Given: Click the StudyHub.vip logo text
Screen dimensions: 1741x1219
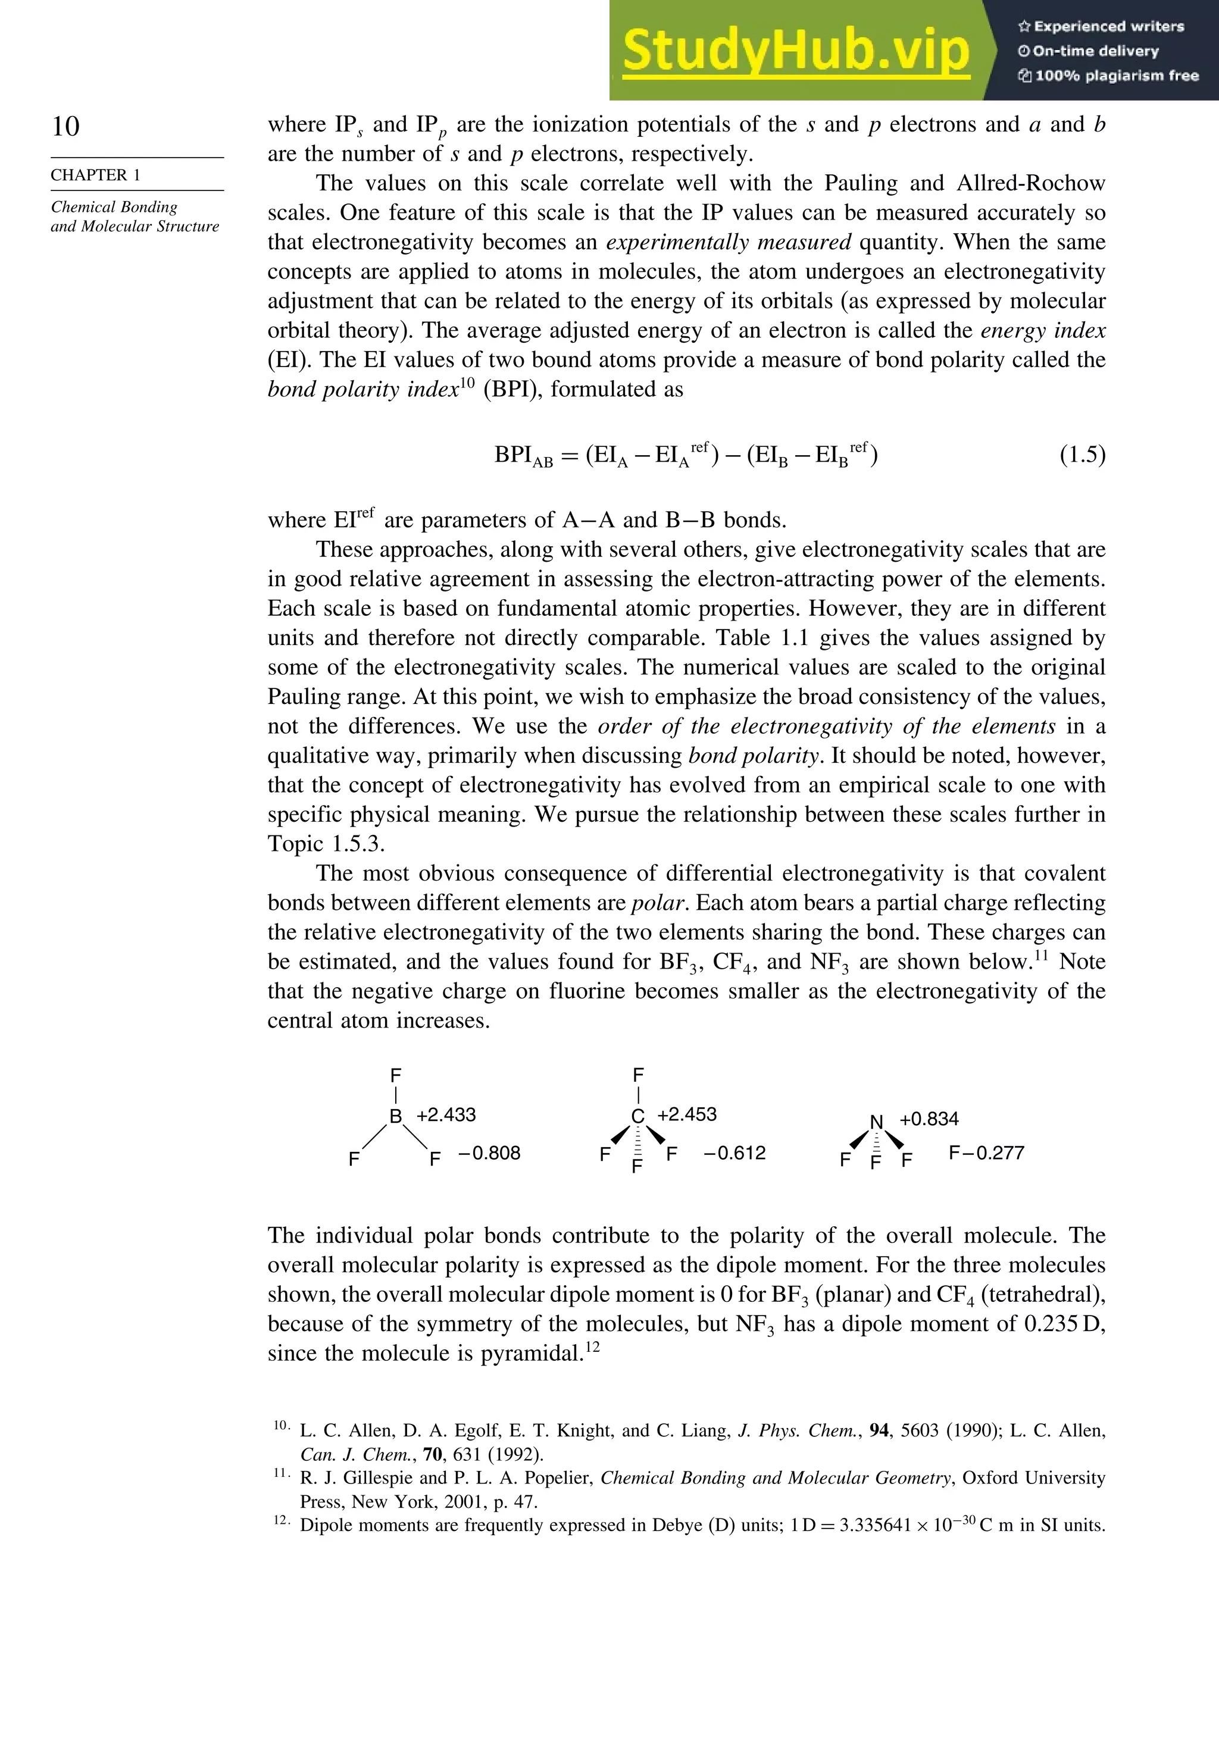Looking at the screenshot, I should (796, 50).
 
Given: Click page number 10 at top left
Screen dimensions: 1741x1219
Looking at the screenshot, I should (65, 126).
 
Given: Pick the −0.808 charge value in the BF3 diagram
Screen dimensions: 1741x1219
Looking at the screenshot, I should (489, 1153).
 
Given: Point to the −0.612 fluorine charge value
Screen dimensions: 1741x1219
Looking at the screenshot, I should (734, 1153).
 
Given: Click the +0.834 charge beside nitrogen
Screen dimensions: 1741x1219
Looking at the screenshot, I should (929, 1119).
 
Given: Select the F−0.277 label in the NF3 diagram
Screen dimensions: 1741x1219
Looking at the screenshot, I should (986, 1153).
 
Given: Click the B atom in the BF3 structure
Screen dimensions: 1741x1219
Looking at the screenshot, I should (395, 1116).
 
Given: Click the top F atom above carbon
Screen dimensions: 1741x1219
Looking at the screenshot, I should (638, 1075).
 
